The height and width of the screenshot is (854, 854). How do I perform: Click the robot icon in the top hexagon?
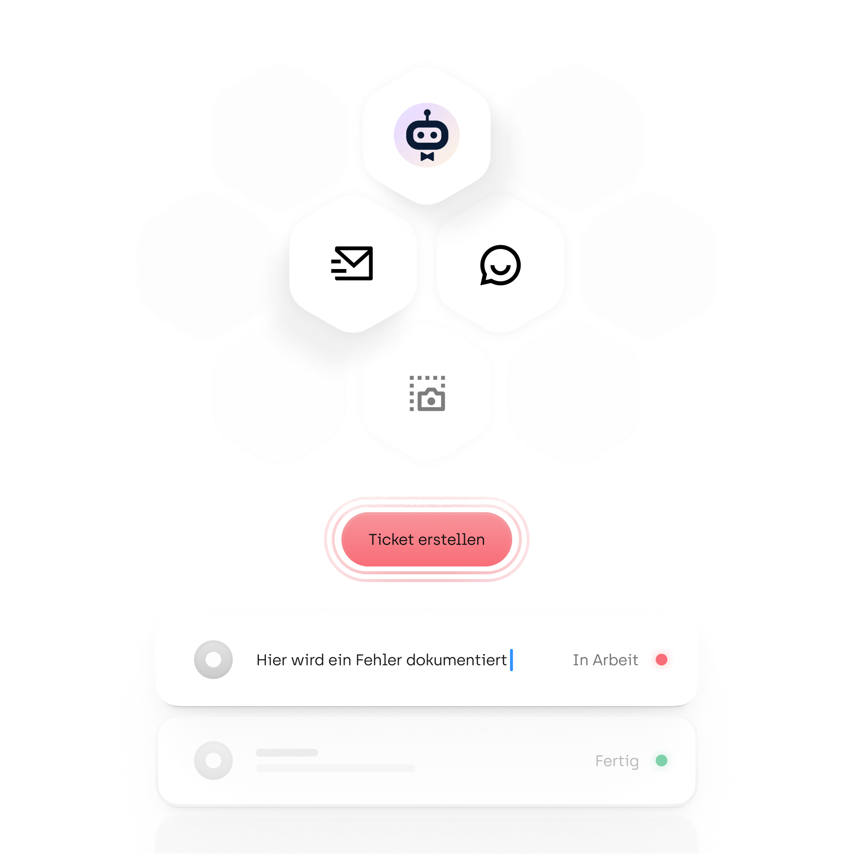coord(427,135)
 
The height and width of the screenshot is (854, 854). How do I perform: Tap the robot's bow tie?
coord(427,156)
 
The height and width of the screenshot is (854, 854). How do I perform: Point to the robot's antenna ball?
coord(427,113)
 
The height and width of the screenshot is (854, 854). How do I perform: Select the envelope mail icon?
coord(352,263)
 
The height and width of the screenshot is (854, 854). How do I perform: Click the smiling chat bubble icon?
coord(501,265)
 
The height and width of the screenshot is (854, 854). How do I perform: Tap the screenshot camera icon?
coord(427,393)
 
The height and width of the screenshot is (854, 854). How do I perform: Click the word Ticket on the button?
coord(391,539)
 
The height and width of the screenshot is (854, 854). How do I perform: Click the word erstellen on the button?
coord(451,539)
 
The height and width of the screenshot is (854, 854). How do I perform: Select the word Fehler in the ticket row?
coord(379,660)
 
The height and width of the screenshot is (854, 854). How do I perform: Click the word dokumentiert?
coord(456,660)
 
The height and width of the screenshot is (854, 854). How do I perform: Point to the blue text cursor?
coord(511,660)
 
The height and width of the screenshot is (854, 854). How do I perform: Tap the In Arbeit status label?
coord(605,660)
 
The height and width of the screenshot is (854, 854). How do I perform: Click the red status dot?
coord(661,660)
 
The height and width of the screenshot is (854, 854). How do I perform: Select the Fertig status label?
coord(616,761)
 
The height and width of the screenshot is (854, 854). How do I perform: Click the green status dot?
coord(661,760)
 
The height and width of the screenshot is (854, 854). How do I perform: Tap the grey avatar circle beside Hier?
coord(213,660)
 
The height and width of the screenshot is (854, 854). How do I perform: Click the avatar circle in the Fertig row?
coord(213,760)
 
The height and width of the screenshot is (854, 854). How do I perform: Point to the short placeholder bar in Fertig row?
coord(287,753)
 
